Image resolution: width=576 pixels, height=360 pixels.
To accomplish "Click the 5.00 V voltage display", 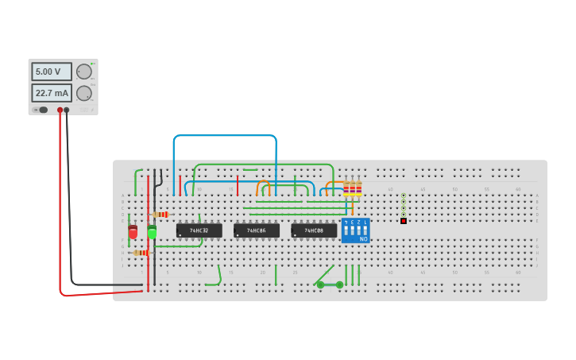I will tap(51, 72).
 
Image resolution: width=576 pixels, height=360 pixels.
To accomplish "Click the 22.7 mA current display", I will tap(51, 93).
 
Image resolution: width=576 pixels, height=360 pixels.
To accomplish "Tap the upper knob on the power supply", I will tap(83, 72).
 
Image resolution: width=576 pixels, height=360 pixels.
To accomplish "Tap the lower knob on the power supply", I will tap(83, 93).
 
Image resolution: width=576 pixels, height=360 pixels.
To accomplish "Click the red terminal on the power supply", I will tap(60, 110).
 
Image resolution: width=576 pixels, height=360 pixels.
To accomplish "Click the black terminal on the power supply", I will tap(67, 110).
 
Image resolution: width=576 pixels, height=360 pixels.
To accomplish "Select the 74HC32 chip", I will tap(199, 230).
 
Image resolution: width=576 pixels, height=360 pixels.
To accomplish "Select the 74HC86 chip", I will tap(256, 230).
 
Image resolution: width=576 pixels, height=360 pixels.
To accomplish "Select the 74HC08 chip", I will tap(314, 230).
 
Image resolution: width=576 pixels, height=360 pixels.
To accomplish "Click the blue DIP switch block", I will tap(355, 230).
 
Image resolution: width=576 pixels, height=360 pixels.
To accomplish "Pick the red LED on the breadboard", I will tap(133, 232).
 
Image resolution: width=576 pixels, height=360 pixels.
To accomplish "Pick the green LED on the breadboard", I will tap(152, 231).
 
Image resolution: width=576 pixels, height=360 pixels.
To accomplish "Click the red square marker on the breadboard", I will tap(404, 221).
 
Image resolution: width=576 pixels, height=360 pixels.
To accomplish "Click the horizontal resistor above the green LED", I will tap(161, 215).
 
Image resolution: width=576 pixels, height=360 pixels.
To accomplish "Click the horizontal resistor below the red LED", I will tap(141, 253).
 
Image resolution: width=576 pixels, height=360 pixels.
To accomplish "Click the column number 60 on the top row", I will tap(517, 189).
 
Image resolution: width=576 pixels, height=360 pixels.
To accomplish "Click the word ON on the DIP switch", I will tap(363, 238).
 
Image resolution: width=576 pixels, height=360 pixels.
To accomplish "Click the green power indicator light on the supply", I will tap(93, 64).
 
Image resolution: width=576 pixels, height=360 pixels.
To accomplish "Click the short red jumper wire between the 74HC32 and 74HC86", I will tap(237, 186).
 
